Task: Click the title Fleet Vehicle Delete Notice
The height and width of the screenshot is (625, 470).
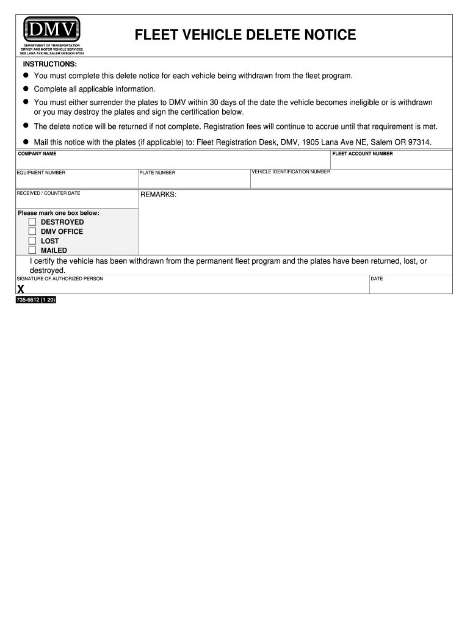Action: click(245, 35)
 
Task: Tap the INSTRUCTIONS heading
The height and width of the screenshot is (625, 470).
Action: click(50, 64)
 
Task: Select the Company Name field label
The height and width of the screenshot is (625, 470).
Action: click(37, 154)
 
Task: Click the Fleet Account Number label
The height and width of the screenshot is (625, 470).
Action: click(363, 154)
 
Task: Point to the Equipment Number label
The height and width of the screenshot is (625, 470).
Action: click(41, 173)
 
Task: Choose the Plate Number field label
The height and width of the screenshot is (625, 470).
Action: click(157, 173)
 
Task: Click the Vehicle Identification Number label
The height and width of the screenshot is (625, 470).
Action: click(291, 172)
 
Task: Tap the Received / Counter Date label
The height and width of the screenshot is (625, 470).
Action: click(48, 193)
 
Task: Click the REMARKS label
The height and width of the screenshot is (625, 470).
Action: click(158, 195)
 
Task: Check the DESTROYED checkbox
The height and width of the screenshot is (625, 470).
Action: click(32, 222)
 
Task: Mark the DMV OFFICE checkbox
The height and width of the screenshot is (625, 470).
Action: click(32, 231)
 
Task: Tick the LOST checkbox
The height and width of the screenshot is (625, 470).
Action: click(32, 241)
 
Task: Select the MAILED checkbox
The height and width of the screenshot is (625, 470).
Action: click(32, 250)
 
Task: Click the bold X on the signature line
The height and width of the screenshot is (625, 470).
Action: click(21, 289)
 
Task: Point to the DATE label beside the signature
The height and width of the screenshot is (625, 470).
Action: click(377, 279)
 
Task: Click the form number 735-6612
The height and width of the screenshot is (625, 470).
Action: click(36, 300)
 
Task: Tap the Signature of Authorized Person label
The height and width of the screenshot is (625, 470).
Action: click(60, 279)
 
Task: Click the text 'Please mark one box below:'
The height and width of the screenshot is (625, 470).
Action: click(59, 213)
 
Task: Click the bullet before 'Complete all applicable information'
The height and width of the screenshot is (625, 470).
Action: click(26, 89)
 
